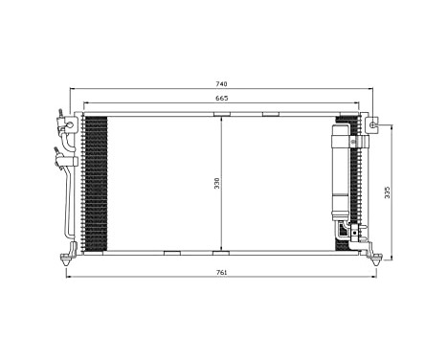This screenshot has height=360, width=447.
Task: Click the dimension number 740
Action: [222, 84]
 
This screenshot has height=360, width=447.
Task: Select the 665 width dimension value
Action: [222, 99]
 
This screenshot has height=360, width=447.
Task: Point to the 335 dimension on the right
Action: [388, 191]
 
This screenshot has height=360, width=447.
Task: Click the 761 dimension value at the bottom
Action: [222, 273]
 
